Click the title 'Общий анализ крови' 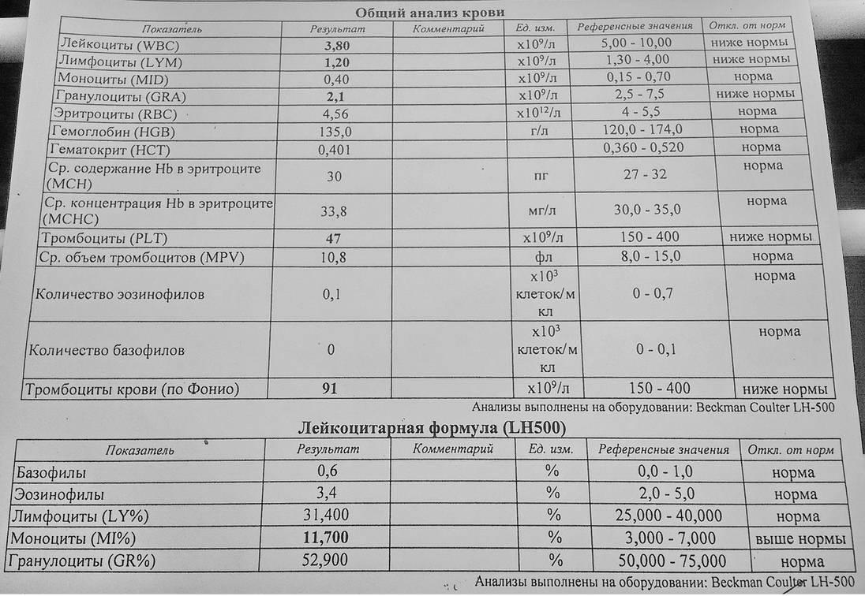pyautogui.click(x=429, y=12)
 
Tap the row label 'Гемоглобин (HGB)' pyautogui.click(x=113, y=132)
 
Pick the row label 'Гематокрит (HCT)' pyautogui.click(x=109, y=150)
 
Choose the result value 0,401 pyautogui.click(x=334, y=149)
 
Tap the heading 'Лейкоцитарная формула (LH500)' pyautogui.click(x=432, y=428)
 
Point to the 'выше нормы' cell pyautogui.click(x=800, y=539)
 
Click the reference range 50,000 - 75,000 pyautogui.click(x=670, y=561)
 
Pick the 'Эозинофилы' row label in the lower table pyautogui.click(x=59, y=494)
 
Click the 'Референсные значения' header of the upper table pyautogui.click(x=635, y=26)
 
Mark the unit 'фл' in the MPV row pyautogui.click(x=539, y=257)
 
